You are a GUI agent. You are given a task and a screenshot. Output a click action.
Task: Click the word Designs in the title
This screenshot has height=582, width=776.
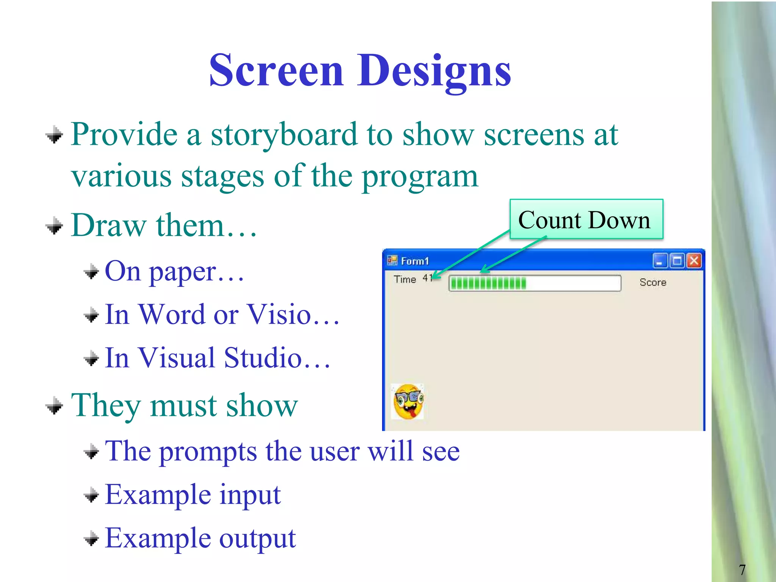pyautogui.click(x=434, y=71)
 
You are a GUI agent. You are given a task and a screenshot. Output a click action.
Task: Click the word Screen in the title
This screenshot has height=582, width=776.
pyautogui.click(x=276, y=71)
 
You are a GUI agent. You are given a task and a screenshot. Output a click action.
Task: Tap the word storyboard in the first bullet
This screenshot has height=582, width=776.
pyautogui.click(x=284, y=136)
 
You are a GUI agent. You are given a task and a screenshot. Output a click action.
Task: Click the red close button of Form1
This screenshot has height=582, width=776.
pyautogui.click(x=694, y=261)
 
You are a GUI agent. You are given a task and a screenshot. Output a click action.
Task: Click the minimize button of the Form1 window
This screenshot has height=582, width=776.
pyautogui.click(x=660, y=261)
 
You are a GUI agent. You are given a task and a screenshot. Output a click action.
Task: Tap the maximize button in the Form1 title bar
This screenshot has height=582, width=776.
pyautogui.click(x=677, y=261)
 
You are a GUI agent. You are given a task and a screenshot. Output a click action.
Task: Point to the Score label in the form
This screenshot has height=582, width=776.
pyautogui.click(x=652, y=282)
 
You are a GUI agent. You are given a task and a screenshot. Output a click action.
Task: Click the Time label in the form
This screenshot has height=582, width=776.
pyautogui.click(x=405, y=279)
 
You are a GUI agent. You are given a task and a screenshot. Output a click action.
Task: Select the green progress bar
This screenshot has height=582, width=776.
pyautogui.click(x=534, y=283)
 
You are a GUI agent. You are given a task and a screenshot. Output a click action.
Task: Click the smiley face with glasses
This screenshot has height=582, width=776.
pyautogui.click(x=408, y=402)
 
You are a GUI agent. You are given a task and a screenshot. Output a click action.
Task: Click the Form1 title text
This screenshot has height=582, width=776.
pyautogui.click(x=415, y=261)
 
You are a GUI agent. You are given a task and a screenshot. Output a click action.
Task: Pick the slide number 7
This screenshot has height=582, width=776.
pyautogui.click(x=742, y=569)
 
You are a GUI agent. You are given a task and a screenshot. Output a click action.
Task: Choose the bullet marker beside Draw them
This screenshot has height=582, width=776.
pyautogui.click(x=54, y=226)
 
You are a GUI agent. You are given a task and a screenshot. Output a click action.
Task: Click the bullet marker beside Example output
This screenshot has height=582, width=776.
pyautogui.click(x=91, y=538)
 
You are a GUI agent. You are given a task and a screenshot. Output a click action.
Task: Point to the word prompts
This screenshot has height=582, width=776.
pyautogui.click(x=207, y=452)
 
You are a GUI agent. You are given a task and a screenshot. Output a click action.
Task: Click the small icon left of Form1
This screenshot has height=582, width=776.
pyautogui.click(x=392, y=260)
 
